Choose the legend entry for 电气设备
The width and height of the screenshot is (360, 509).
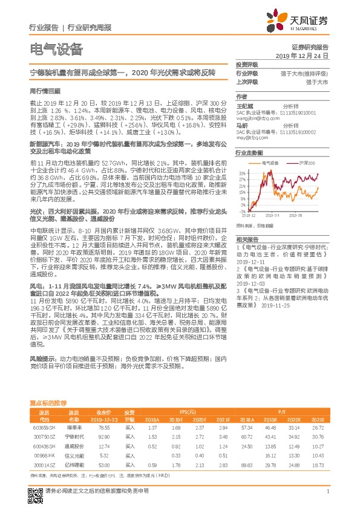(x=268, y=163)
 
